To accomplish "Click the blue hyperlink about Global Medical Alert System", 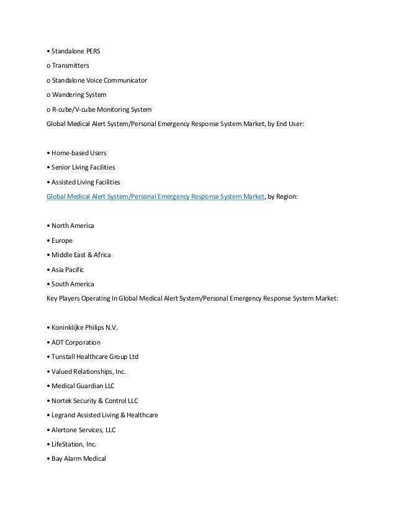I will coord(156,197).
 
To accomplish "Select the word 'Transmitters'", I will coord(72,65).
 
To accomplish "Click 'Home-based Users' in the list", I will coord(71,152).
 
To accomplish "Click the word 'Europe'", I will coord(62,240).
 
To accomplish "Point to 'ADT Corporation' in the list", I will coord(74,342).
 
